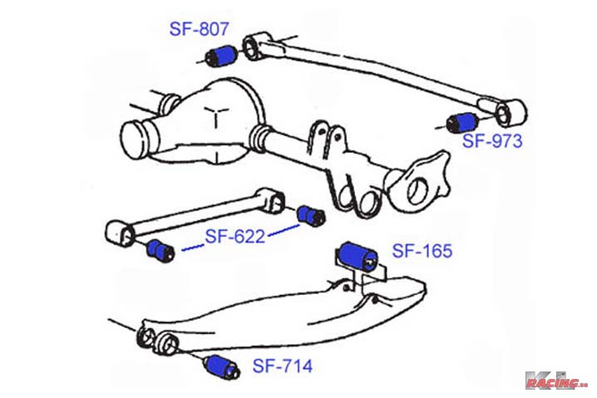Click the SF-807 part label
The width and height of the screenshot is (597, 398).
click(199, 29)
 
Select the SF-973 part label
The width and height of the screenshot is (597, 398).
click(492, 140)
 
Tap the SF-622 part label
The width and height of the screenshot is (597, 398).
click(235, 236)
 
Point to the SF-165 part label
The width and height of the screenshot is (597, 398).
click(422, 251)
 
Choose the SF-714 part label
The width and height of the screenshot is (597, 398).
click(283, 366)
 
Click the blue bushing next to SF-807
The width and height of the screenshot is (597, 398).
click(221, 56)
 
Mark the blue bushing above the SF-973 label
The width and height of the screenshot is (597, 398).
click(462, 122)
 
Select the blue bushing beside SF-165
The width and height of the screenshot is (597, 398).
click(358, 256)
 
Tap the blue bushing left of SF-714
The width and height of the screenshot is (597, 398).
click(222, 366)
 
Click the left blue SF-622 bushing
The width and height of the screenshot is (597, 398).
click(160, 251)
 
